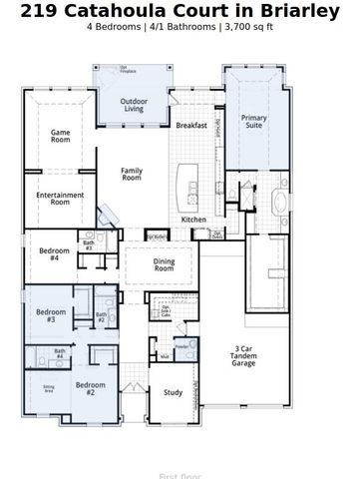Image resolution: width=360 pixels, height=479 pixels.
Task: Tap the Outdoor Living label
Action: [135, 106]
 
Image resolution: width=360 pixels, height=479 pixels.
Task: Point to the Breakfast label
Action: [191, 126]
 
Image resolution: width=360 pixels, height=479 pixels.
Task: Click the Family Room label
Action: [132, 175]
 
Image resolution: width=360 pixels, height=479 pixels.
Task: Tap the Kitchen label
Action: [193, 220]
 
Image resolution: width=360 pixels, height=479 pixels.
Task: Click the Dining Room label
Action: [164, 264]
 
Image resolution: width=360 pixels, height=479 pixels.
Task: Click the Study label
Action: [173, 393]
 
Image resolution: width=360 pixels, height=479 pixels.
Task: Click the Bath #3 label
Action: [89, 244]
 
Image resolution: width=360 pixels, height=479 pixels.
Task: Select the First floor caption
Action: [180, 476]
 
